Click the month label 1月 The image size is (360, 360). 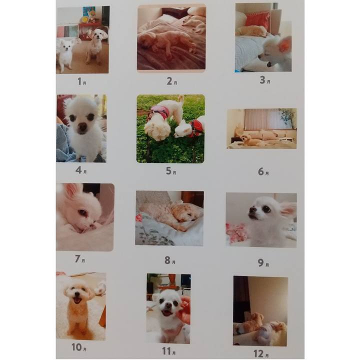point(81,81)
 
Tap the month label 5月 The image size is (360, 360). point(171,171)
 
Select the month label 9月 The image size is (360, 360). point(263,263)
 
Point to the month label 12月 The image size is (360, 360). point(261,353)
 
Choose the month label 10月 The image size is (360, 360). point(79,347)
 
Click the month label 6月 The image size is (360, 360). point(263,171)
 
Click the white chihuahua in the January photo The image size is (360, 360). point(66,54)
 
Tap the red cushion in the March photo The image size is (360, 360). point(257,20)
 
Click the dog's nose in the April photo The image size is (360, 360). point(82,126)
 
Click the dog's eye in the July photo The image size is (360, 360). point(83,213)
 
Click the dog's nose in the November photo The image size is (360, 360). point(168,305)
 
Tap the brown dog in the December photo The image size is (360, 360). point(253,322)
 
